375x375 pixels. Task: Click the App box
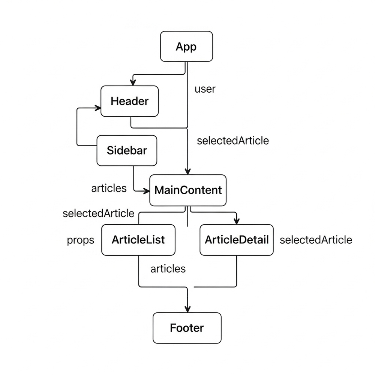186,46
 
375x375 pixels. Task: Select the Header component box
129,101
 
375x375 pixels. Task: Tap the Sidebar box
127,150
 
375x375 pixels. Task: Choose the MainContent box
188,190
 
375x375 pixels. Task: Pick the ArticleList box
138,240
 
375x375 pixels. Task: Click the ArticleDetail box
237,240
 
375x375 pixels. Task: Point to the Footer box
187,328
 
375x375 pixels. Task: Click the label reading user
205,89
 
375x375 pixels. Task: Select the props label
81,240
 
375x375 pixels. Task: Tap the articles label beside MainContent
109,188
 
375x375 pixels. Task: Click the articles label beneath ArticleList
168,268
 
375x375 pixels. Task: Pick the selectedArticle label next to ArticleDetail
316,240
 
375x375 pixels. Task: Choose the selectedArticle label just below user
233,141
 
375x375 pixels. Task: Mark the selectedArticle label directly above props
98,213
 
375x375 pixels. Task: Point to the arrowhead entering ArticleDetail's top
236,221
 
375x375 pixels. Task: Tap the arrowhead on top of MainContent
187,171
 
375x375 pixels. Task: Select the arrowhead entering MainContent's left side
147,191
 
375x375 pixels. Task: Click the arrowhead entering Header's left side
98,108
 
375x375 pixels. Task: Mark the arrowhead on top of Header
132,82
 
